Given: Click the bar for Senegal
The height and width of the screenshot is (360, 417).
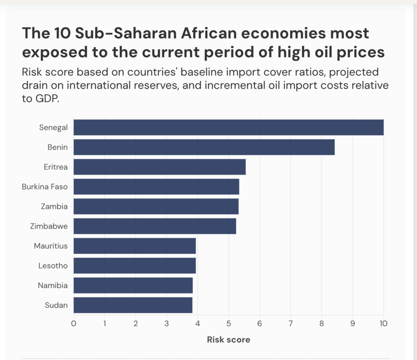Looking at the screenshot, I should pos(228,127).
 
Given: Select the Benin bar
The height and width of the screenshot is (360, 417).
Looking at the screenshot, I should pos(204,147).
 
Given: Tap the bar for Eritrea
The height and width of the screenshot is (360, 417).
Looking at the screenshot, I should pos(159,167).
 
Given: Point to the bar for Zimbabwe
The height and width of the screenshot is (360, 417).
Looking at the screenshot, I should pos(154,226).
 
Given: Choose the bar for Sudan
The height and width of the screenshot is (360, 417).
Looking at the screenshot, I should pos(133,305).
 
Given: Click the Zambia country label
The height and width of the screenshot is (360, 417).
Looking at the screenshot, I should pos(54,206).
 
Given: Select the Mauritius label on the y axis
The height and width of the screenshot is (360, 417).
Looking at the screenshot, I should pos(51,246).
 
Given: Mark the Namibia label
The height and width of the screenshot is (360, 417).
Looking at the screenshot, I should pos(53,285).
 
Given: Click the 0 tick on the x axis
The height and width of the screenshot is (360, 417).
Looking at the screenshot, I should pos(74,324).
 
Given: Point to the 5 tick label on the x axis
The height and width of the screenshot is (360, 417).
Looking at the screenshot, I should pos(228,324).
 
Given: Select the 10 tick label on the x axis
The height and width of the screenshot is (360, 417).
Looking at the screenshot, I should pos(383,324).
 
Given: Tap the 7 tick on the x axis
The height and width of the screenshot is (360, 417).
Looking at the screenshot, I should pos(290,324).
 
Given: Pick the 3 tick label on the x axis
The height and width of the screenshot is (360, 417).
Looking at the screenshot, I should pos(167,324).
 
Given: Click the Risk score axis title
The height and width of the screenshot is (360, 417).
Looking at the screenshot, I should pos(228,339).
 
